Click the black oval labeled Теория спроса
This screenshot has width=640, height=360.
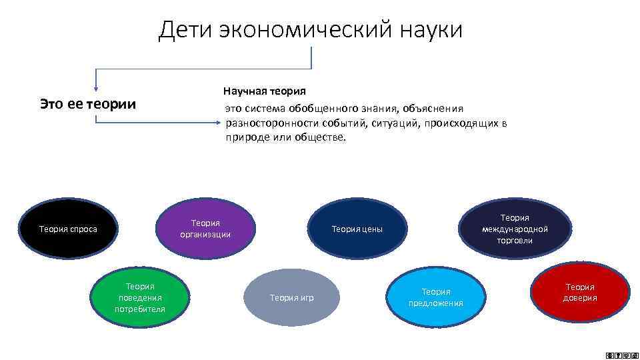[68, 229]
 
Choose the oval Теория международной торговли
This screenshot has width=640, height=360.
[514, 229]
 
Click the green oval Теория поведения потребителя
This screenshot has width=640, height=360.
[139, 297]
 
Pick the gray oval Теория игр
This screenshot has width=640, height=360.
[291, 297]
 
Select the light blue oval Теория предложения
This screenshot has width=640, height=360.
[435, 297]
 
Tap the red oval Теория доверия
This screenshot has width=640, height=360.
[579, 292]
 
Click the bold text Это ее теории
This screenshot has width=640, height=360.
[87, 104]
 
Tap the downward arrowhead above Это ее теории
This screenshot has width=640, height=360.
[96, 87]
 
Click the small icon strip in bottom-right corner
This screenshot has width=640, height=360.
[617, 354]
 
